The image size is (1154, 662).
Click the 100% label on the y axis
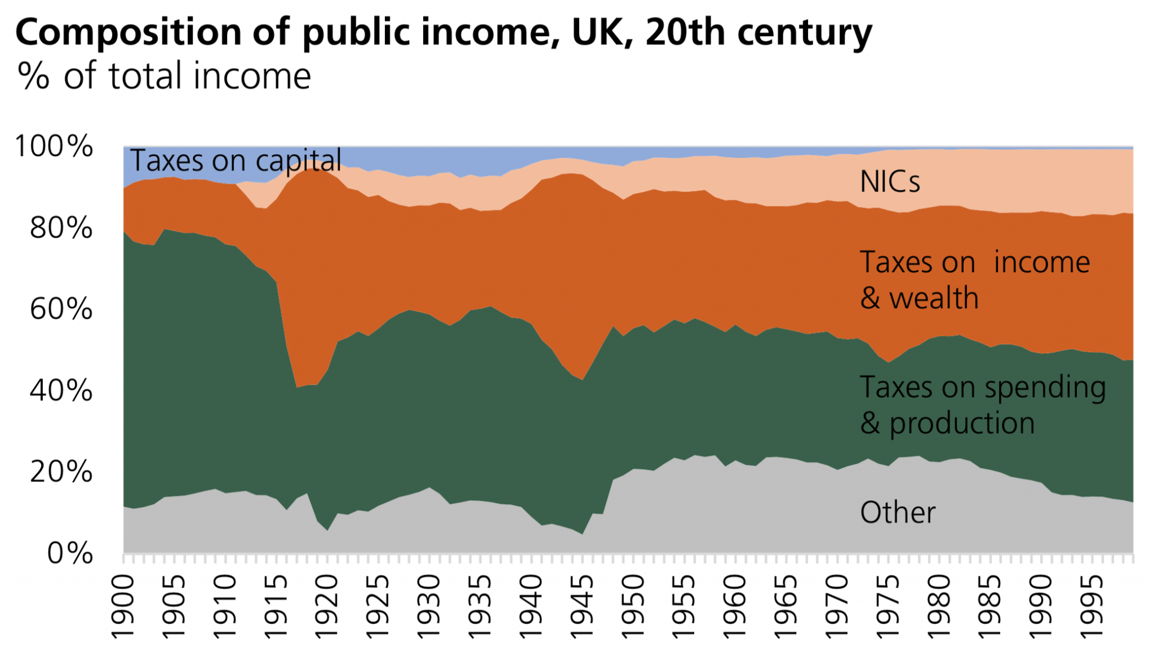(x=54, y=146)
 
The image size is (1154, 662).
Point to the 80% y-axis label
(x=61, y=228)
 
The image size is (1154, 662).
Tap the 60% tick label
(x=61, y=309)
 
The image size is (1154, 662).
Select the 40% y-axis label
(x=61, y=390)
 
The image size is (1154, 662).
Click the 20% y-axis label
(x=61, y=472)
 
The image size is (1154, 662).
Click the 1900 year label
(x=123, y=607)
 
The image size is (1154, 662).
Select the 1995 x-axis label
(x=1091, y=607)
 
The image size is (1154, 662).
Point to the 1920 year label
(x=327, y=607)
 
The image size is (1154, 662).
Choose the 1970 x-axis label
(x=837, y=607)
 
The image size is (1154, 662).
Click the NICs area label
(x=890, y=182)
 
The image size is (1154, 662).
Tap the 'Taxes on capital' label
(x=236, y=161)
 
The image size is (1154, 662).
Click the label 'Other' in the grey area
(x=898, y=513)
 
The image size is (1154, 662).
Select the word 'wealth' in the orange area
(x=934, y=298)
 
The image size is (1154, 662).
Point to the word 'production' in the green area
(x=962, y=423)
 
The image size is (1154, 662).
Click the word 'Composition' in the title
(x=128, y=33)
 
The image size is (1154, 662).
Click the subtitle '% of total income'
(x=164, y=76)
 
